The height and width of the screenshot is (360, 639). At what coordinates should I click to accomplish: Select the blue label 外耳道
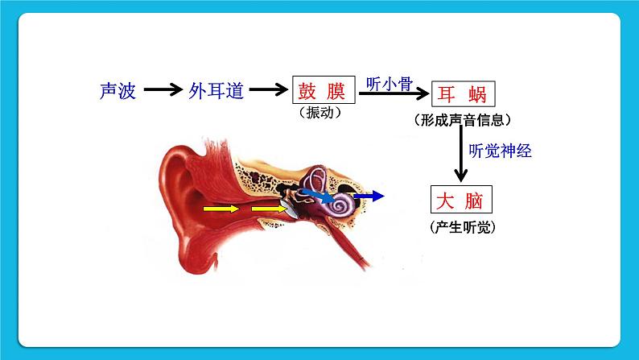click(x=216, y=91)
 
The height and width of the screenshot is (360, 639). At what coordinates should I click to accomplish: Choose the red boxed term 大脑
click(x=461, y=201)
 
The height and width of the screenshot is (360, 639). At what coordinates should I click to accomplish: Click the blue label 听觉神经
click(x=500, y=150)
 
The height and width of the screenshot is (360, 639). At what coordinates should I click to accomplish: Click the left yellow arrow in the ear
click(x=221, y=209)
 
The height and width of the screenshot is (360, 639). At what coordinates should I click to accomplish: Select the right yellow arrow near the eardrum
click(x=268, y=209)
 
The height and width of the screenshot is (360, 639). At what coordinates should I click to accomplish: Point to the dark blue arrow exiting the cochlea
click(x=369, y=196)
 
